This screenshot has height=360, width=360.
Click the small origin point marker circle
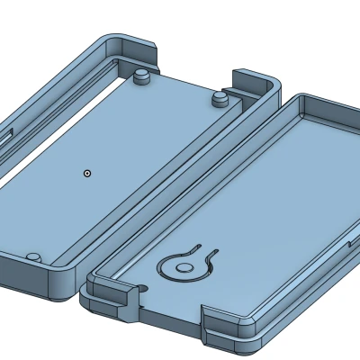[86, 171]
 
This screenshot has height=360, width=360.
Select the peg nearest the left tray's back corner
[141, 77]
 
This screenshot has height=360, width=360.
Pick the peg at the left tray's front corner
[32, 257]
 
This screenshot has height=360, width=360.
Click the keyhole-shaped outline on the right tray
[186, 264]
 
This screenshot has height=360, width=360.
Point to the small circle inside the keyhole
[184, 265]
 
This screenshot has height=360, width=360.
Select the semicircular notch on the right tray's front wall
[142, 289]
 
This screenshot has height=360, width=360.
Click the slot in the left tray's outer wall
[7, 135]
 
